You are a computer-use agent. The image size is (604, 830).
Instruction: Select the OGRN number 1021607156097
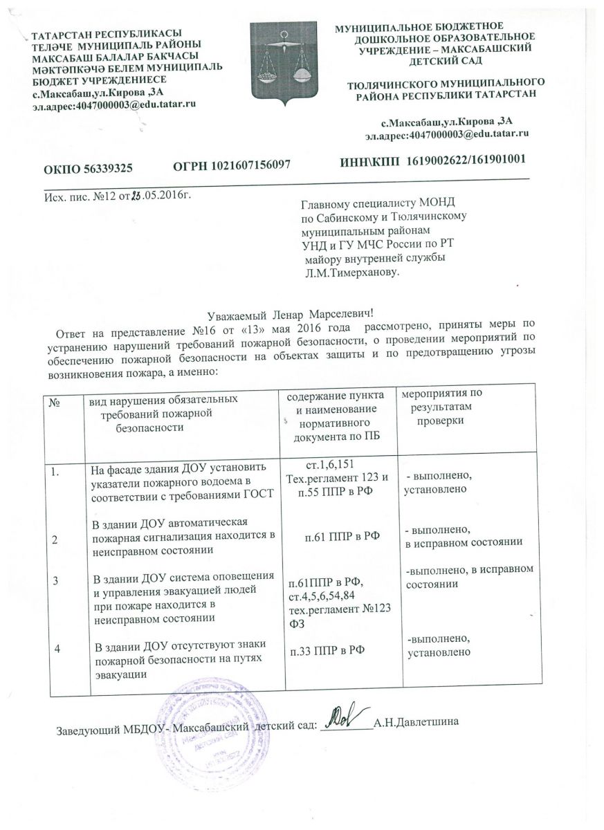click(x=230, y=165)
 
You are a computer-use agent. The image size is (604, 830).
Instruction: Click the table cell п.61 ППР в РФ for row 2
click(x=338, y=534)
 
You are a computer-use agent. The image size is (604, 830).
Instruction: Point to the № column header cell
click(x=53, y=400)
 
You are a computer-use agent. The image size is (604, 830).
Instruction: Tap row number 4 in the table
click(x=57, y=649)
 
